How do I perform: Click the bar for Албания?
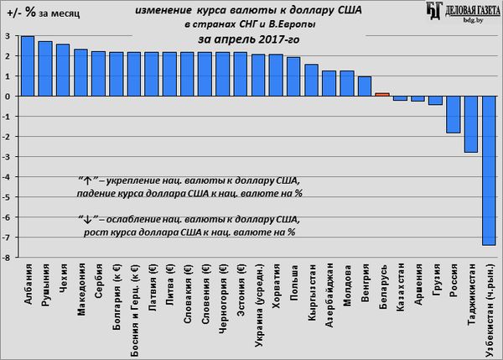coord(28,66)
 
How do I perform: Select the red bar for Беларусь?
coord(381,94)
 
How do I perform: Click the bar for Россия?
coord(454,114)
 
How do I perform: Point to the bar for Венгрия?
coord(364,86)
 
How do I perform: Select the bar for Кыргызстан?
coord(311,81)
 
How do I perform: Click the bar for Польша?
coord(293,76)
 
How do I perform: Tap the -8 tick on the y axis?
coord(7,258)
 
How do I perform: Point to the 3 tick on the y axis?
coord(8,36)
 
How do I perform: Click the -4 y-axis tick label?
coord(7,177)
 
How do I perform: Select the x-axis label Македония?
coord(81,290)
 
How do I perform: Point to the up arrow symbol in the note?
coord(81,180)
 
